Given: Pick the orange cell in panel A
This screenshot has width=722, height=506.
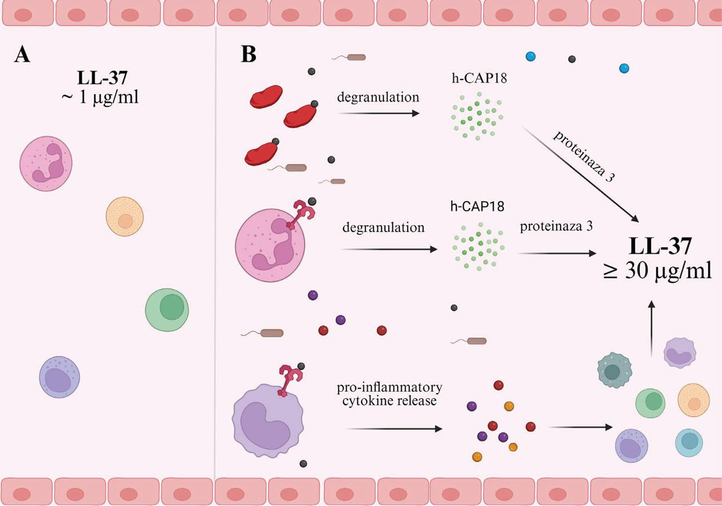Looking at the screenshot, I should [125, 217].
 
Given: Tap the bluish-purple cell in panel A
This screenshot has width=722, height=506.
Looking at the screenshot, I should [59, 377].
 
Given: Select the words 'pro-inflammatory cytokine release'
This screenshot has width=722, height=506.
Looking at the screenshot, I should [389, 394].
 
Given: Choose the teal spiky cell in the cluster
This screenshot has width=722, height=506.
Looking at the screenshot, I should [614, 370].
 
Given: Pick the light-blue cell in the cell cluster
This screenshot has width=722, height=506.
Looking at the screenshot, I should [689, 442].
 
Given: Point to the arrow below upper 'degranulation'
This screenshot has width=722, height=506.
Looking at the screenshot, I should [378, 113].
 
